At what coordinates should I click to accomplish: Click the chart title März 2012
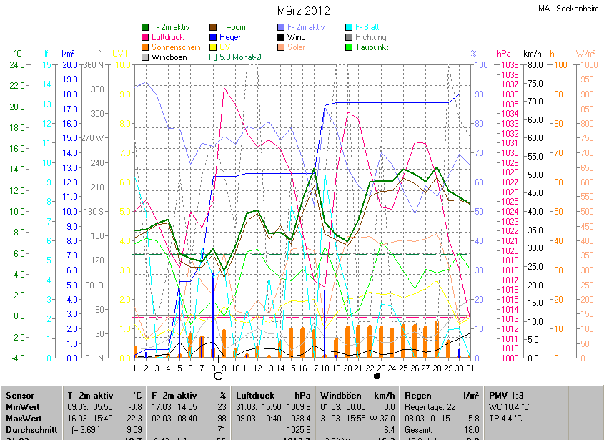pos(303,11)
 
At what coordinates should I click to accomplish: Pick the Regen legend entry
pos(230,37)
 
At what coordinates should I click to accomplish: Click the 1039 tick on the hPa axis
pos(509,65)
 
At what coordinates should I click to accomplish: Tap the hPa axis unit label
pos(504,54)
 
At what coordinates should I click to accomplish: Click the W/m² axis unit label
pos(586,54)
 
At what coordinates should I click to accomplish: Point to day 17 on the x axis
pos(313,368)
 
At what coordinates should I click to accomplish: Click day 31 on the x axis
pos(469,368)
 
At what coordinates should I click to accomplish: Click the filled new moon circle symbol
pos(377,376)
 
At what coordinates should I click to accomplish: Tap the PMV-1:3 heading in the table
pos(505,395)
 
